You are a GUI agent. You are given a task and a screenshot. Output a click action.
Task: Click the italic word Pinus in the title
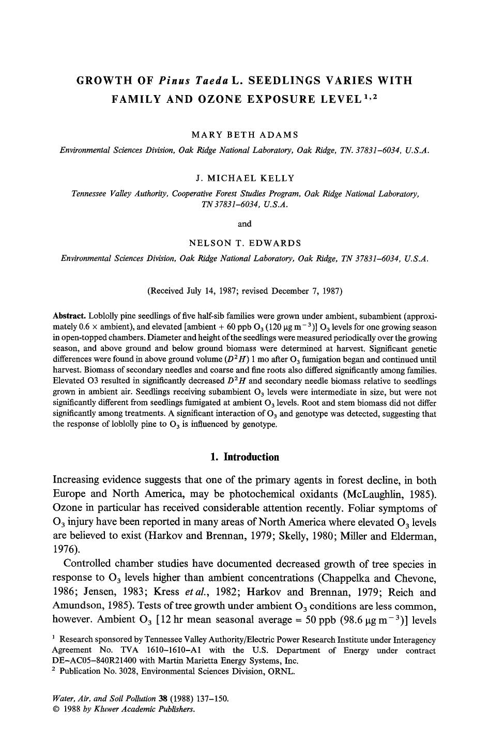click(x=175, y=81)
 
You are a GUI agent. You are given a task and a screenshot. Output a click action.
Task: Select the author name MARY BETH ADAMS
click(x=244, y=135)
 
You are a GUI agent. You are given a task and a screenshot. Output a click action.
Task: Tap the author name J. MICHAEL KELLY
click(x=244, y=178)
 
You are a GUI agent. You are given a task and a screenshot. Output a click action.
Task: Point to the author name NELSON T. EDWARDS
click(x=244, y=243)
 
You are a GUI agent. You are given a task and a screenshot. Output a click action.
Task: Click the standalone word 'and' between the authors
click(x=244, y=224)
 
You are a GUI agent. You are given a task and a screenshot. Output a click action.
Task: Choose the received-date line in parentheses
click(x=244, y=291)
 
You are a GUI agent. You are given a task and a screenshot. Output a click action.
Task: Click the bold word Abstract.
click(x=69, y=316)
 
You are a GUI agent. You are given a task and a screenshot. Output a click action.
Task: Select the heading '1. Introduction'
click(x=244, y=457)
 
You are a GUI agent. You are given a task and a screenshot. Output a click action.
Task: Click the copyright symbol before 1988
click(x=56, y=709)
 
